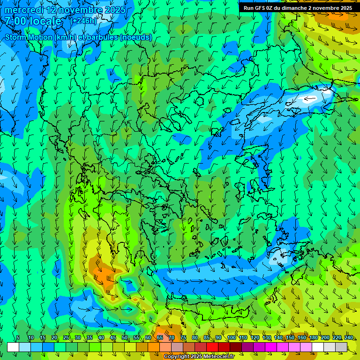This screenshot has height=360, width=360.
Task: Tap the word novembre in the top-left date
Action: [80, 10]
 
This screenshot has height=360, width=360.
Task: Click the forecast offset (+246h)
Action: [83, 21]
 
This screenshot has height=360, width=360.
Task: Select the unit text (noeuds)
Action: [136, 37]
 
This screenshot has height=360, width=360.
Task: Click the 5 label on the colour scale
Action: [18, 337]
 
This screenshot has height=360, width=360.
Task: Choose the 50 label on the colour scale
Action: [125, 337]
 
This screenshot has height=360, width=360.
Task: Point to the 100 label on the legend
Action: [231, 337]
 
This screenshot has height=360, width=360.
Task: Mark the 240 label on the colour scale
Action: [349, 337]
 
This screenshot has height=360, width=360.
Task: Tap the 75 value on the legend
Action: [183, 337]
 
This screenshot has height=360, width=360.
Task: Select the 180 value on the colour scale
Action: [313, 337]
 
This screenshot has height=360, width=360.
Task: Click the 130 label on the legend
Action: [266, 337]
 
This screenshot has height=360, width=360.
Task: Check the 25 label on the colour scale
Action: [66, 337]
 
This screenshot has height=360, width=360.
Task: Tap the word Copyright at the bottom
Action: [176, 357]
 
